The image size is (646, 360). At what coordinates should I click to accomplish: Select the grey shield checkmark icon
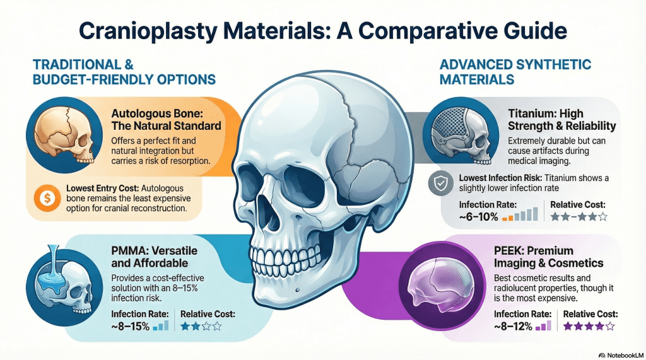click(x=439, y=183)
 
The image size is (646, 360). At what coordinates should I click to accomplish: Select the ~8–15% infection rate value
click(x=131, y=326)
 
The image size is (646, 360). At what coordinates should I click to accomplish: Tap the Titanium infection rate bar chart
click(x=520, y=214)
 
